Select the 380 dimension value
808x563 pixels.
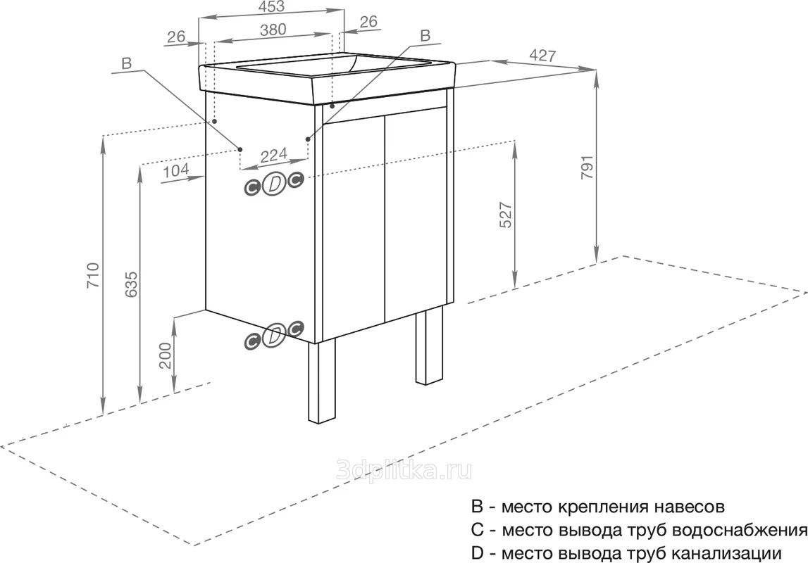click(x=273, y=30)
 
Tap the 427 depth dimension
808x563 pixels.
click(x=542, y=55)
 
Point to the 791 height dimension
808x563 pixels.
click(x=588, y=167)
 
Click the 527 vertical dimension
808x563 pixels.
click(x=506, y=215)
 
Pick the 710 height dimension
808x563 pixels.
click(x=92, y=275)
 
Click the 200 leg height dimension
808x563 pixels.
click(x=165, y=355)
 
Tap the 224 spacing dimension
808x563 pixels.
click(x=273, y=156)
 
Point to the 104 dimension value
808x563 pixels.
click(x=175, y=170)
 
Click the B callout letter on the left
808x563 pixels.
click(x=127, y=63)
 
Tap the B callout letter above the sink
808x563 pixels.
click(x=425, y=35)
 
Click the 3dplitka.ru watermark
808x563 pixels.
click(x=404, y=470)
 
